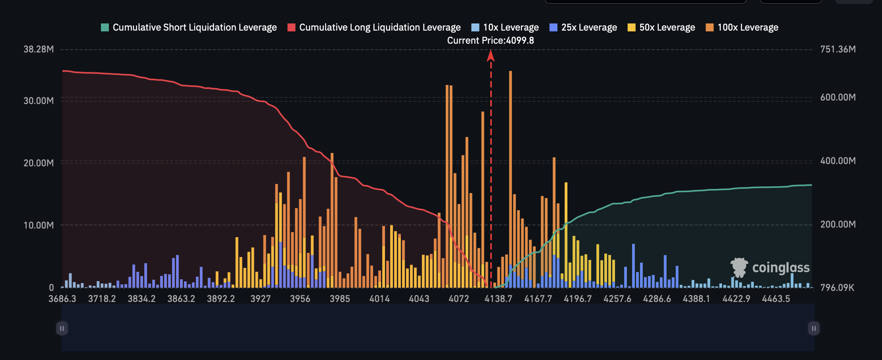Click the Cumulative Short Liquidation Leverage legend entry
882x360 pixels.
pos(189,27)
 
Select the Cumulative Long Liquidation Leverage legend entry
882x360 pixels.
pos(374,27)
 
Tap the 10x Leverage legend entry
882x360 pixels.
pos(505,27)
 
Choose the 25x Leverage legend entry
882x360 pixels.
pos(583,27)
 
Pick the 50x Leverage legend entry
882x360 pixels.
pos(661,27)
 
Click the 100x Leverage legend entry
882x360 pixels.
pos(742,27)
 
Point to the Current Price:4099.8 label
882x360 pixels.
pos(490,41)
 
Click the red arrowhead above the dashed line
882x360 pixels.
pos(491,56)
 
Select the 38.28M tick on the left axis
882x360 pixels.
pos(39,49)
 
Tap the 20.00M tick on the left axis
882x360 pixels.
pos(39,163)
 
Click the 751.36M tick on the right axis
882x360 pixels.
pos(838,49)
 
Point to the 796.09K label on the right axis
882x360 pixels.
pos(837,287)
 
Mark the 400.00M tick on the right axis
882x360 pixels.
pos(838,161)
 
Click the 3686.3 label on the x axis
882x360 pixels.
pos(62,299)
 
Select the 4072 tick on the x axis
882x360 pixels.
pos(458,299)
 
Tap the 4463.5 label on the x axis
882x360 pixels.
pos(776,299)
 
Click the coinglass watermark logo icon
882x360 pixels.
pos(739,267)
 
